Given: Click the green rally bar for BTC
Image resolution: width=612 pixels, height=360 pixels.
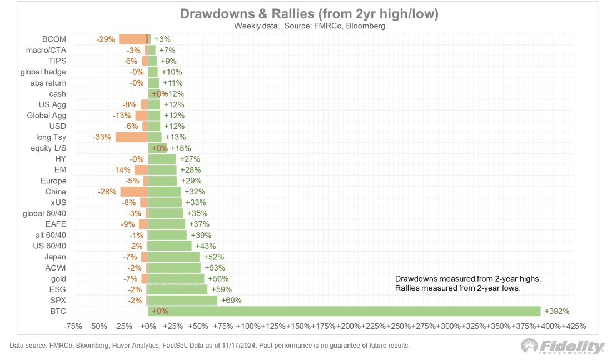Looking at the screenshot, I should [345, 311].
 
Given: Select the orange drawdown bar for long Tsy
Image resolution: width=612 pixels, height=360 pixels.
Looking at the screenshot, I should [132, 137].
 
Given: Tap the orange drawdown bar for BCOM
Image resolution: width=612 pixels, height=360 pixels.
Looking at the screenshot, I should [133, 39].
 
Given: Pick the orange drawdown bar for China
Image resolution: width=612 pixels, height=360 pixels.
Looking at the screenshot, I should [134, 192].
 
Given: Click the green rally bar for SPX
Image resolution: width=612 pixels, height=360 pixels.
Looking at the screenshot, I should [183, 300].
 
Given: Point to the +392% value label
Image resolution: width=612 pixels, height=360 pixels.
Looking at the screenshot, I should [558, 311].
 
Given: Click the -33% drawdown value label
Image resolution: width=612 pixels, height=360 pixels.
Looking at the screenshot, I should [104, 137].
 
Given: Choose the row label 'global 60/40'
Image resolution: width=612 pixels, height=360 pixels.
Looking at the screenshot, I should [44, 213].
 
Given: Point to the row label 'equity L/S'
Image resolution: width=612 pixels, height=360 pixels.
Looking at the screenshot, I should [48, 148].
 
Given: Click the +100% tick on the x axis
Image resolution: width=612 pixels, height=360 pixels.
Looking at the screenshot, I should [248, 326].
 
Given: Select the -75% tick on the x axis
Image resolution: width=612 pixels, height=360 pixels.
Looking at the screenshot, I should [73, 326].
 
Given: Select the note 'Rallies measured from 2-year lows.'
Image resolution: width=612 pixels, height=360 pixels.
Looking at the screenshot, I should [457, 288].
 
